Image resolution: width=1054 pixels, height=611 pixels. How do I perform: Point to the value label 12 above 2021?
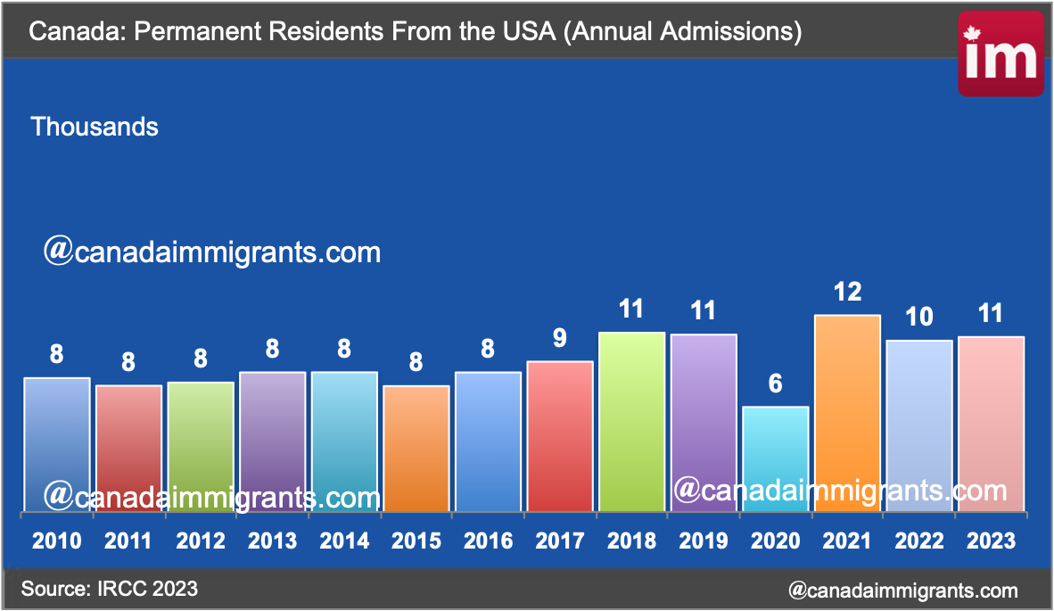(x=847, y=292)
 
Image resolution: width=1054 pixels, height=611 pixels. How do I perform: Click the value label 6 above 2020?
(x=776, y=384)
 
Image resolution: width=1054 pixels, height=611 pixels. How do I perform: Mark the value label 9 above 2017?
(x=560, y=338)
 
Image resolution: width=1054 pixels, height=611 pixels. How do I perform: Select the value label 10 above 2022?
(x=918, y=317)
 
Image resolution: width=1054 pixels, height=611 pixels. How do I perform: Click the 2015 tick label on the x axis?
(x=416, y=541)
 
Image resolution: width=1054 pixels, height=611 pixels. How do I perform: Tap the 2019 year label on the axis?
(x=704, y=541)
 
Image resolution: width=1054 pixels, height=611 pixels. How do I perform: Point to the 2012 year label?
(x=201, y=541)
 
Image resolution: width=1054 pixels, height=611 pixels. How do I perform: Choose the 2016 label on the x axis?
(x=488, y=541)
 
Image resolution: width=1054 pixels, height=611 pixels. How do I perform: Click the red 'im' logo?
(x=1000, y=55)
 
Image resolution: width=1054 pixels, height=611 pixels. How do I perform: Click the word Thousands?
(x=95, y=127)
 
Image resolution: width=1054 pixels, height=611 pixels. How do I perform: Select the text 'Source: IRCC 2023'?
(x=110, y=589)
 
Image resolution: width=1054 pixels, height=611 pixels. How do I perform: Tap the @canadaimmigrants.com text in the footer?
(x=902, y=590)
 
